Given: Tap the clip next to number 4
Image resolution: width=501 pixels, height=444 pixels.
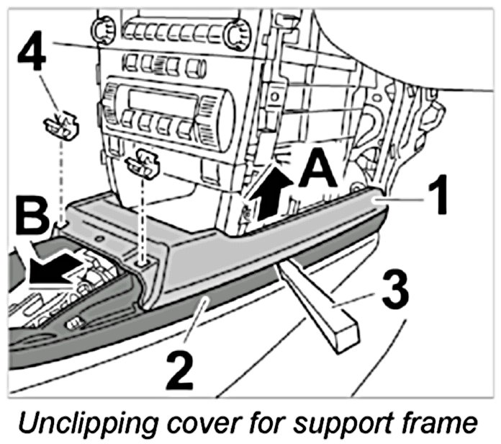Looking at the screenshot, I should click(x=61, y=127).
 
